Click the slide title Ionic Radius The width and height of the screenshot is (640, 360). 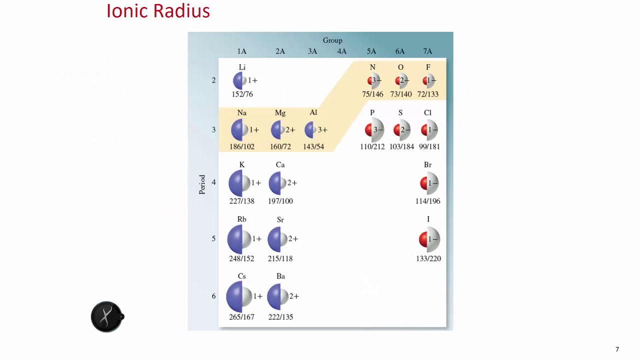point(158,11)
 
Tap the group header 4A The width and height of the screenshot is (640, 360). point(341,51)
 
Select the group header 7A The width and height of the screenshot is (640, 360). point(427,51)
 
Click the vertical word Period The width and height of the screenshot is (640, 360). point(202,184)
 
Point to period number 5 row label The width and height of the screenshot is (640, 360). point(213,238)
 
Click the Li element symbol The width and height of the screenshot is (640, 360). point(242,67)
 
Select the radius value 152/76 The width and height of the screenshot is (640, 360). point(242,94)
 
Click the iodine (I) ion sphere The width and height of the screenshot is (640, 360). point(429,239)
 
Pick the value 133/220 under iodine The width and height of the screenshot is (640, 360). point(428,258)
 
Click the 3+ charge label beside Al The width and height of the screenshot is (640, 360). point(322,129)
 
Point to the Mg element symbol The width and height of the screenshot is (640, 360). point(280,113)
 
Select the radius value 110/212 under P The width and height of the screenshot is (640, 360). point(372,146)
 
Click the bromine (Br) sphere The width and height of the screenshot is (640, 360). point(429,183)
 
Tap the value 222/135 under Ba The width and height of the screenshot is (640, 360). point(280,317)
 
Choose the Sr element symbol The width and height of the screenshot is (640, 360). point(280,219)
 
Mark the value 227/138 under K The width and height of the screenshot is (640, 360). point(241,201)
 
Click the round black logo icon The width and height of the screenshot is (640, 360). point(106,316)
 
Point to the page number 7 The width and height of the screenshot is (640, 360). point(617,349)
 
